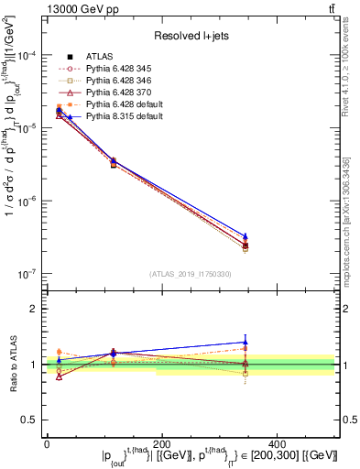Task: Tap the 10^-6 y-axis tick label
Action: click(x=27, y=201)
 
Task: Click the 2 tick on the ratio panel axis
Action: click(x=35, y=309)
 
